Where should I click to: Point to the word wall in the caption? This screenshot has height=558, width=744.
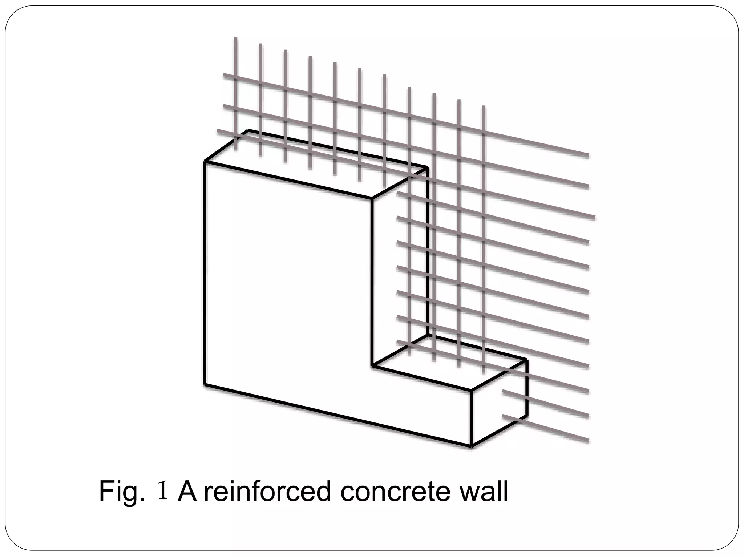[x=478, y=491]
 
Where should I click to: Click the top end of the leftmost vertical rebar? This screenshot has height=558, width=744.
[x=236, y=39]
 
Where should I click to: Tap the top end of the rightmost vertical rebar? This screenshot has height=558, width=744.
[x=484, y=107]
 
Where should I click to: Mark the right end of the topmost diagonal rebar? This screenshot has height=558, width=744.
[x=587, y=156]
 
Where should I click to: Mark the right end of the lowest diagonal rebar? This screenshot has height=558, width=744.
[x=587, y=441]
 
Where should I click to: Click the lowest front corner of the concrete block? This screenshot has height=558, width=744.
[x=471, y=446]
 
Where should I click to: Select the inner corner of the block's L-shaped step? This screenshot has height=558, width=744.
[x=372, y=365]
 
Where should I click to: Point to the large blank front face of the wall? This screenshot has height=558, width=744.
[x=287, y=283]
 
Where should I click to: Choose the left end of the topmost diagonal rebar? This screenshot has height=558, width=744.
[x=225, y=75]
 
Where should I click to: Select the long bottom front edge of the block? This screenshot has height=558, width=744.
[x=338, y=415]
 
